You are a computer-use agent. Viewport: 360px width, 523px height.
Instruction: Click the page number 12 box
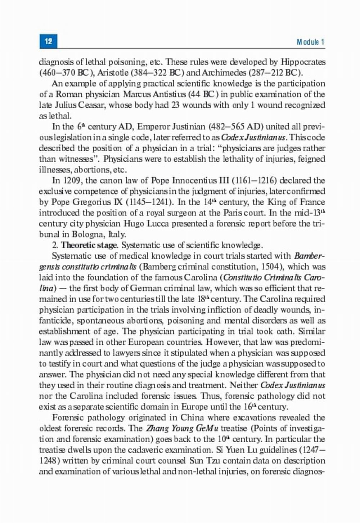[x=48, y=41]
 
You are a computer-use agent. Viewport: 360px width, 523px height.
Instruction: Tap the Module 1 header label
[x=311, y=42]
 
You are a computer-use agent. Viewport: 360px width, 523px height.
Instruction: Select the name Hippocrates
[x=303, y=62]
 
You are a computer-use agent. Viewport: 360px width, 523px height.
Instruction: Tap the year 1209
[x=71, y=180]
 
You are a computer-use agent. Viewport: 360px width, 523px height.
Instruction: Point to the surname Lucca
[x=157, y=224]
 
